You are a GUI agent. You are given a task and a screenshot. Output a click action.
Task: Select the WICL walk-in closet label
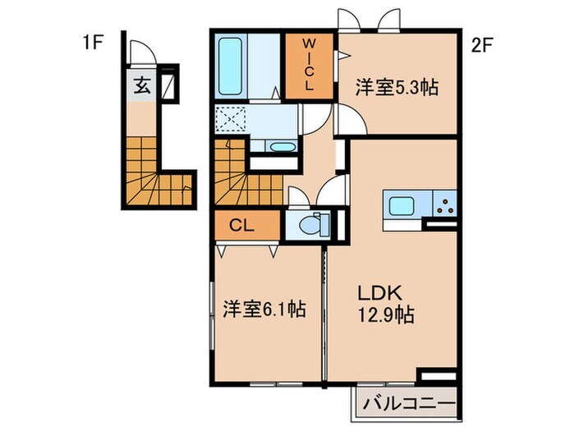click(x=310, y=64)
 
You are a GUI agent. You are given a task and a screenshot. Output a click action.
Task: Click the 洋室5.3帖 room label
click(x=397, y=88)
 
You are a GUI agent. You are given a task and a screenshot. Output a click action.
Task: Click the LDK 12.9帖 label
click(x=384, y=303)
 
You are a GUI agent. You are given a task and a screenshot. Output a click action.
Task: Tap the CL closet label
click(x=241, y=225)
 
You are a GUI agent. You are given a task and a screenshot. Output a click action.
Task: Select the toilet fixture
click(x=312, y=223)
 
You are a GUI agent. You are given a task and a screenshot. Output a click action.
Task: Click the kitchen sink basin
click(x=402, y=206)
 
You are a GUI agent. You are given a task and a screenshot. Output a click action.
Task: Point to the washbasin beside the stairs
click(x=283, y=148)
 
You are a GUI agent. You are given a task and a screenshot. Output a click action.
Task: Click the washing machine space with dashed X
click(x=229, y=121)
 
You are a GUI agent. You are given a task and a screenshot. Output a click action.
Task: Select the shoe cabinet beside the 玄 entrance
click(x=168, y=85)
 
